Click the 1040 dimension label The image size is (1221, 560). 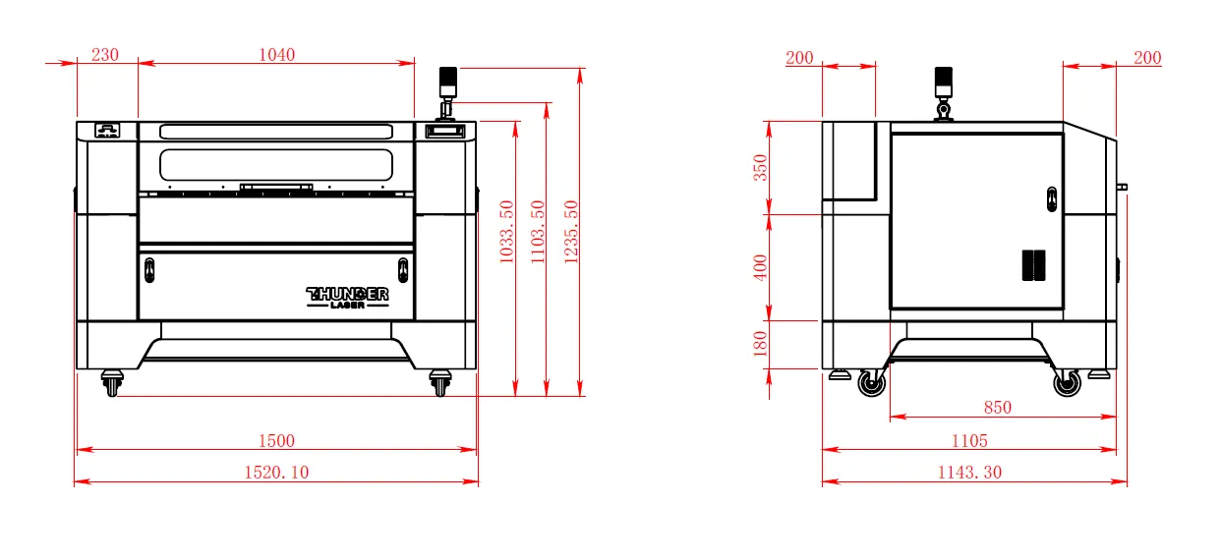(276, 54)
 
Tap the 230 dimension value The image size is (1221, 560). (104, 54)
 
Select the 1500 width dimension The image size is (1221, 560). (276, 440)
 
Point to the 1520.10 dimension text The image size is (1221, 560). (276, 472)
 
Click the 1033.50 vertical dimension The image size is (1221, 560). (507, 232)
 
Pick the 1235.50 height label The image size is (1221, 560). (571, 232)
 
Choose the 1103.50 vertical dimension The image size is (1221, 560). (538, 232)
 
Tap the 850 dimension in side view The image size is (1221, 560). (998, 407)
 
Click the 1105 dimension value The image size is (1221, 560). (969, 440)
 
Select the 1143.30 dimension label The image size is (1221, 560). (969, 472)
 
